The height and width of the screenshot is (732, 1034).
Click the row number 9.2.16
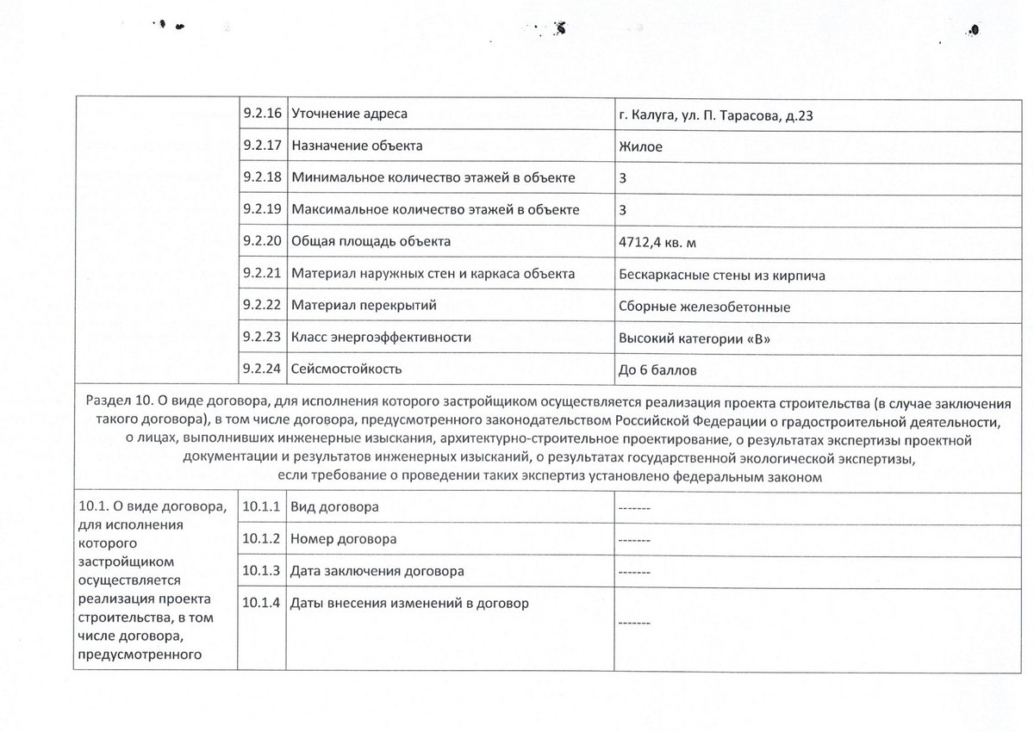263,114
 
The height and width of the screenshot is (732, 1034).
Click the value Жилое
640,146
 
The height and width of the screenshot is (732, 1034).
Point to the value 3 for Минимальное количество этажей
623,177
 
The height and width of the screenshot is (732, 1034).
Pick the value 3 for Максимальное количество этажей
623,209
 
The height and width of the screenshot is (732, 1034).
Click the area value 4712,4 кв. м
657,242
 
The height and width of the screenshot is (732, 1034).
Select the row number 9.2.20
263,241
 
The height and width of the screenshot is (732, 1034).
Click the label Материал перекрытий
364,305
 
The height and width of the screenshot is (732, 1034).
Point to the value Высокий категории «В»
695,338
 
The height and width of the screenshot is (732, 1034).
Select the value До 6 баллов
657,370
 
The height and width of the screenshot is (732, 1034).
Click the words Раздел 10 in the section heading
118,401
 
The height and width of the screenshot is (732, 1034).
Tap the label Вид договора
334,507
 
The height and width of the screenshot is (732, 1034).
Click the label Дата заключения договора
377,571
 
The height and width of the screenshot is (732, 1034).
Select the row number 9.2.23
263,338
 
